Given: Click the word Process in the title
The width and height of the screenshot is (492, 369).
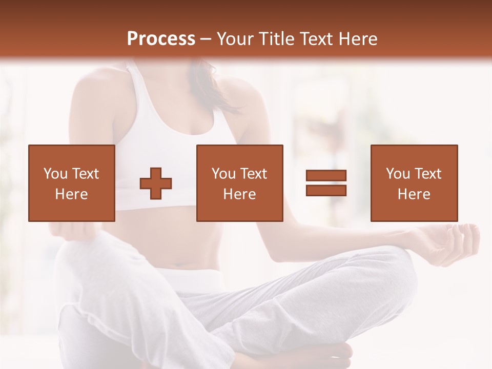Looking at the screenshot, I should pos(161,39).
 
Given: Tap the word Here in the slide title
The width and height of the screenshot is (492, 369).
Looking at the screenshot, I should pos(358,39).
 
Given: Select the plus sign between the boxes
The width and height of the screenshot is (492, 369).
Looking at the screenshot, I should pos(156,183).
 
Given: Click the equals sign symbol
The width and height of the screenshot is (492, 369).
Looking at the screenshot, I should pos(326,183).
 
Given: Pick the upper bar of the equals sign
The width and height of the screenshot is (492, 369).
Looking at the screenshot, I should pos(326,176).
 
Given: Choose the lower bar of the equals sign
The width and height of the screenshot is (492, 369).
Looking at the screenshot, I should pos(326,191).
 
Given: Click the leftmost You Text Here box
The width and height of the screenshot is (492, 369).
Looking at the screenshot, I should pos(71,183).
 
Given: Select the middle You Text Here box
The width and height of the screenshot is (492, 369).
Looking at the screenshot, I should pos(239,183).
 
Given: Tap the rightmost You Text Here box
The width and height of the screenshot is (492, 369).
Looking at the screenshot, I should pos(414,183).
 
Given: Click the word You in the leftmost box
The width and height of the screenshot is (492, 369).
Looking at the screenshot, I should pos(55,174).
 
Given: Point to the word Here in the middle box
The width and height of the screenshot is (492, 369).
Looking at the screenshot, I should pos(239,194).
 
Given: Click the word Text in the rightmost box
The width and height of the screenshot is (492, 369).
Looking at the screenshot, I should pos(427,174).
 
